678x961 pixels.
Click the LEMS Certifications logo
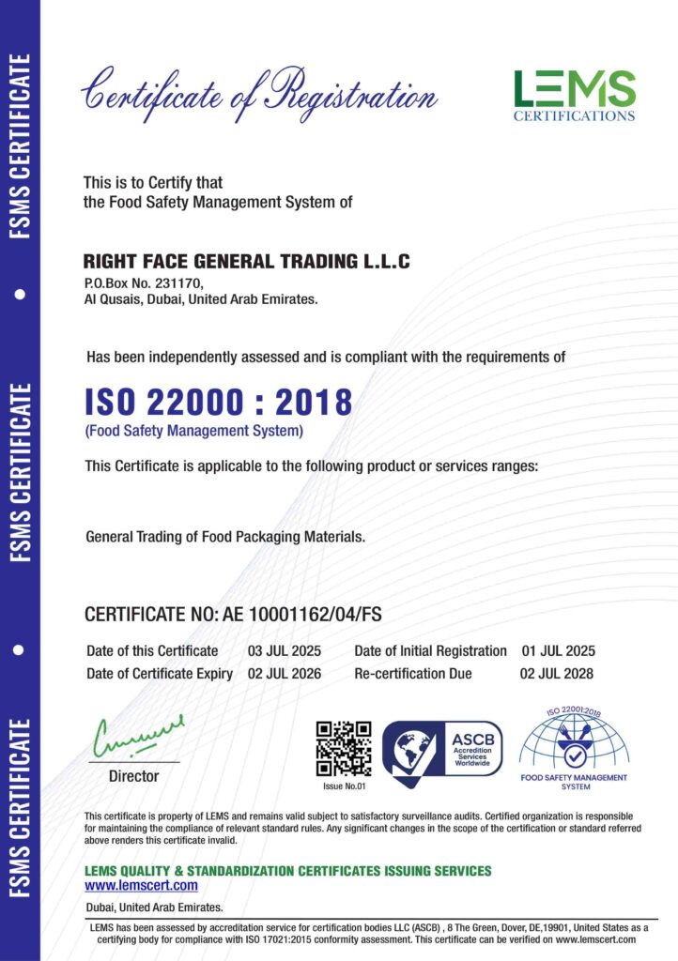tap(574, 94)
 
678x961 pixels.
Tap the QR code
tap(343, 748)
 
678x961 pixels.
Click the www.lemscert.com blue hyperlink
tap(141, 885)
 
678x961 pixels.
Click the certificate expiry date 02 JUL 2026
tap(285, 674)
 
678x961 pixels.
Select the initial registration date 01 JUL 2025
tap(558, 650)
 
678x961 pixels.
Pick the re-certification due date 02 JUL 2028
tap(556, 674)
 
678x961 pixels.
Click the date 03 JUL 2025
tap(285, 650)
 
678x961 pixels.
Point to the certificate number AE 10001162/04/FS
tap(302, 615)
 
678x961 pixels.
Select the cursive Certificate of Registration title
tap(258, 95)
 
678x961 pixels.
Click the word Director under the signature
tap(134, 776)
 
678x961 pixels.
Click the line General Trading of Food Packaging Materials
tap(225, 538)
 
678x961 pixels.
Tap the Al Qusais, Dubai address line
tap(201, 299)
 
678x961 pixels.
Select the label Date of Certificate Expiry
tap(160, 674)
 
